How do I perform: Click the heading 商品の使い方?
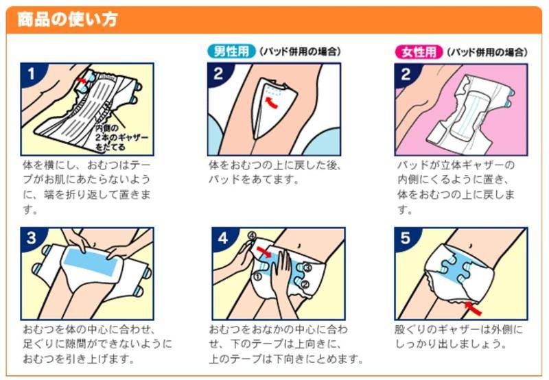(67, 19)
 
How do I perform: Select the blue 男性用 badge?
(231, 51)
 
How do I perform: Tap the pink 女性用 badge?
(419, 52)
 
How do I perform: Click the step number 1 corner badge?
(32, 74)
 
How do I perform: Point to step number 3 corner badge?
(32, 238)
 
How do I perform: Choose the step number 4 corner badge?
(222, 238)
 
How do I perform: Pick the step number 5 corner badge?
(405, 238)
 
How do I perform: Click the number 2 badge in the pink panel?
(406, 74)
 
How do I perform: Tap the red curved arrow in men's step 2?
(271, 103)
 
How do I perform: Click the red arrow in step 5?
(474, 307)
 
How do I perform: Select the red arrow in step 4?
(264, 251)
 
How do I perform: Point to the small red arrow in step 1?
(81, 80)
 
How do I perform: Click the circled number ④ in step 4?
(252, 235)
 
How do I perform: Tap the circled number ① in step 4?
(257, 276)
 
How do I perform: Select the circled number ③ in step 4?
(307, 268)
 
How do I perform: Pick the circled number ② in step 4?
(305, 284)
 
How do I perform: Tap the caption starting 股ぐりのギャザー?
(458, 336)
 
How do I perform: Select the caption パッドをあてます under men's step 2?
(254, 180)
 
